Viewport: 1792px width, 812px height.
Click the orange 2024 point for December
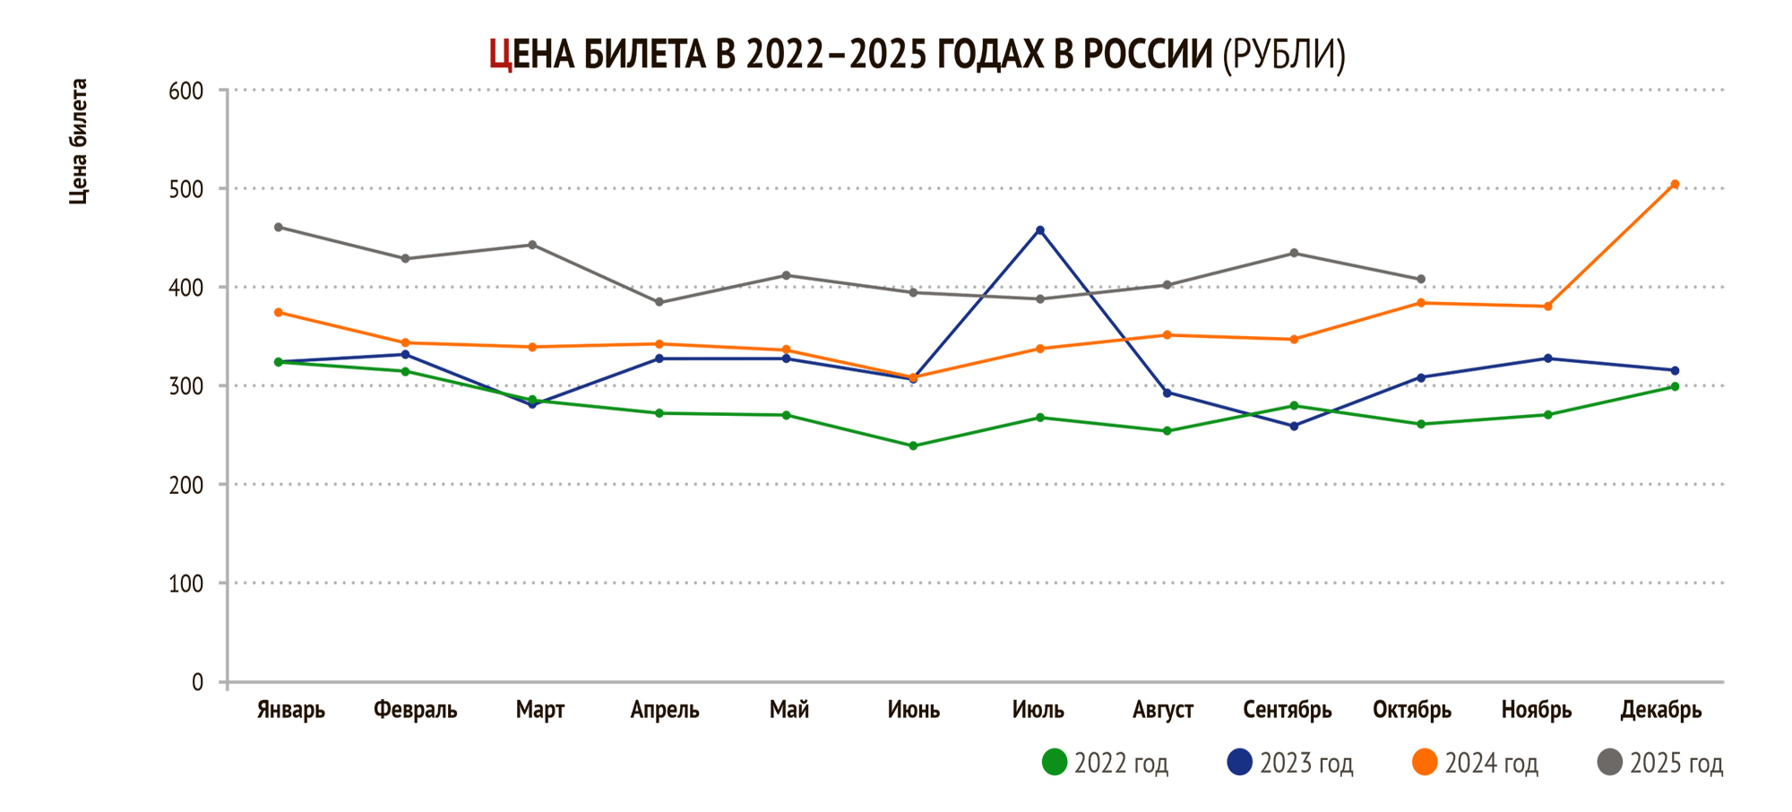point(1675,185)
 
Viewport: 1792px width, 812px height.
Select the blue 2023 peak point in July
point(1040,230)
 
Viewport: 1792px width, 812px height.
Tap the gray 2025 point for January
point(279,228)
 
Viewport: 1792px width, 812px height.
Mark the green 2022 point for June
point(913,445)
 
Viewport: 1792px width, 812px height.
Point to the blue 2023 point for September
point(1294,427)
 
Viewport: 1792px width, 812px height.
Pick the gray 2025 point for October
point(1421,280)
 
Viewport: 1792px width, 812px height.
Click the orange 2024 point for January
point(279,313)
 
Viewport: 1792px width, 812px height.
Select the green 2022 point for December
point(1675,387)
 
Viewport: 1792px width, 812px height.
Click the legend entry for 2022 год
point(1107,763)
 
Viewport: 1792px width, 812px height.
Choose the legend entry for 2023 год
point(1291,763)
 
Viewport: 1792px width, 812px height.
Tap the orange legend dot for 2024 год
point(1425,763)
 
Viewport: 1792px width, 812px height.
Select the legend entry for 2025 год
point(1661,763)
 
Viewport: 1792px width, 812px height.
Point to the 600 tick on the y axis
point(185,91)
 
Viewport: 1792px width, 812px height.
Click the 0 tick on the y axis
point(197,682)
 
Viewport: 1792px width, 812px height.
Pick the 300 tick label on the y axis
point(185,386)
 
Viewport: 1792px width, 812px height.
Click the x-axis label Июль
point(1038,710)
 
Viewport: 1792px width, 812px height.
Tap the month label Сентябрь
point(1288,710)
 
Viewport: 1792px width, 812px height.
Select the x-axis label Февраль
point(415,710)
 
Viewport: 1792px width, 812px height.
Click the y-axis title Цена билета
point(79,142)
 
